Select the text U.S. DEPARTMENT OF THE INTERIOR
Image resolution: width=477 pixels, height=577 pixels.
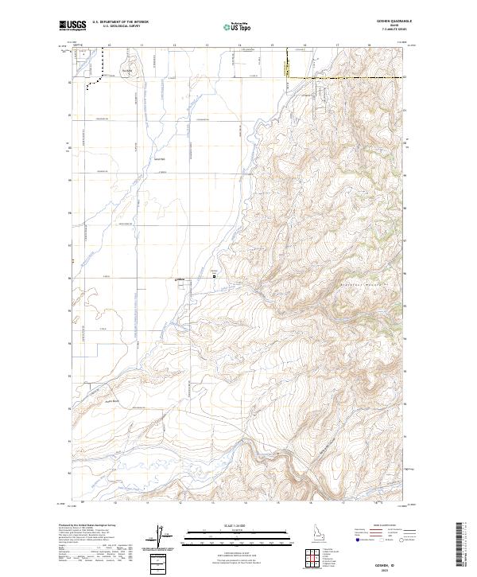[120, 22]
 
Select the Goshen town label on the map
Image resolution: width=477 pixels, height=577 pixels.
[179, 279]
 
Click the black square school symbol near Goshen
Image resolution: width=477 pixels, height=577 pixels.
[214, 276]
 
